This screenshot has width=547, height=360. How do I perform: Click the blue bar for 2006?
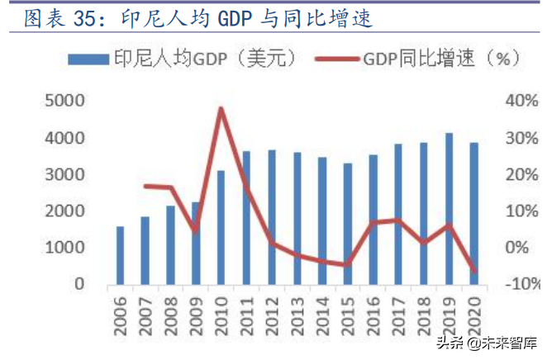pyautogui.click(x=121, y=255)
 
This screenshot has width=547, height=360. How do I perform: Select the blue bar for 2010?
pyautogui.click(x=221, y=227)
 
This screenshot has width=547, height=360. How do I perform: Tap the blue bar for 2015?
pyautogui.click(x=348, y=224)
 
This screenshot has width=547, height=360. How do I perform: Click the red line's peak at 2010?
pyautogui.click(x=221, y=108)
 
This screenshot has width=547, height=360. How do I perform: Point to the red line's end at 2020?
pyautogui.click(x=474, y=271)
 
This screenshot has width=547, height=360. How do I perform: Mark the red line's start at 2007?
pyautogui.click(x=145, y=186)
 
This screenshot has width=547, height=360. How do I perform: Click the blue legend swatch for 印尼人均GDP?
pyautogui.click(x=88, y=58)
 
